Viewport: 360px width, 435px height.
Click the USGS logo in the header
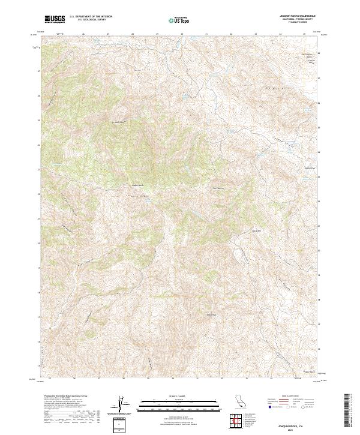(x=55, y=19)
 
